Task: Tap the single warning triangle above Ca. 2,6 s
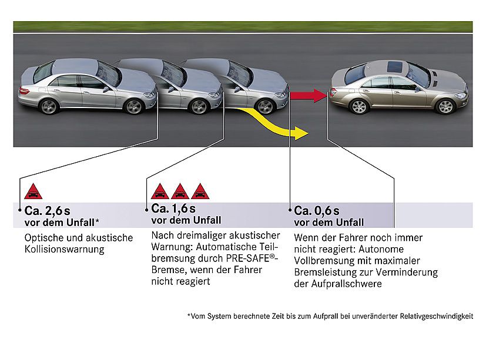click(x=33, y=191)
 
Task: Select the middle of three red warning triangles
click(x=179, y=191)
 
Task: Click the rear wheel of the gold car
click(x=358, y=106)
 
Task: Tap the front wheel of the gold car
click(x=446, y=106)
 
